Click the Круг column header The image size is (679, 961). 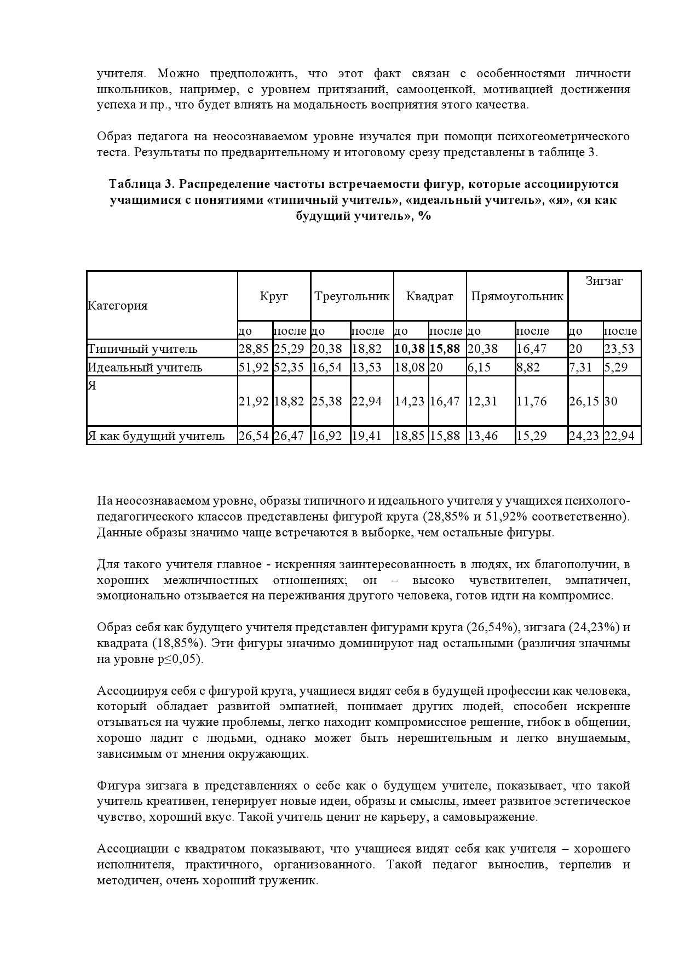coord(274,296)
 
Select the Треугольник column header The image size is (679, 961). coord(352,296)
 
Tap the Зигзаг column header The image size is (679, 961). coord(604,281)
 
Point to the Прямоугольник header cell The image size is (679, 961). coord(517,296)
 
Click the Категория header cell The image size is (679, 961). coord(118,305)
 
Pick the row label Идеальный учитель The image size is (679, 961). coord(145,367)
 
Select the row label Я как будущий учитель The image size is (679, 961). coord(156,436)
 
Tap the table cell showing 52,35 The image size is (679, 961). coord(289,367)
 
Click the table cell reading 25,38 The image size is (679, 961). coord(327,401)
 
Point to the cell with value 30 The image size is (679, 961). coord(611,401)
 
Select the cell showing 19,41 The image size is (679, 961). coord(366,436)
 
